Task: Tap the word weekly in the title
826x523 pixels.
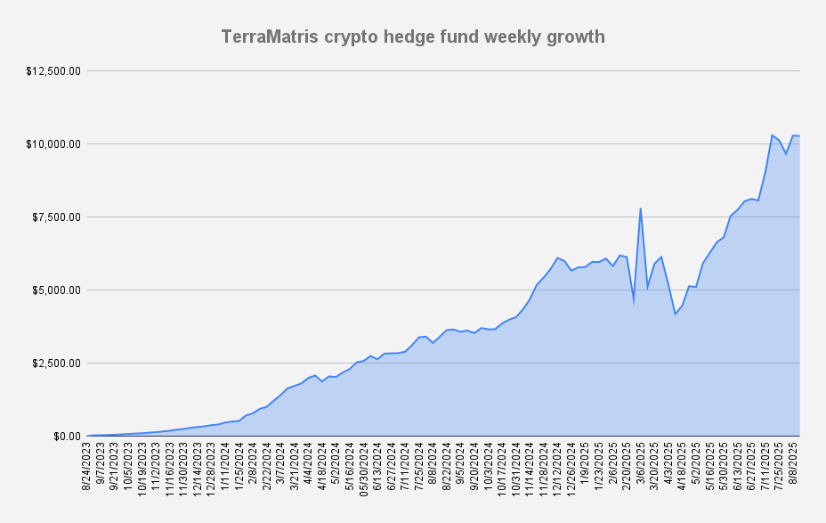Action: [507, 37]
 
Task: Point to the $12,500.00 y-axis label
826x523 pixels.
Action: [55, 71]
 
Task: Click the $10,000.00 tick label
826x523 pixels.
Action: [55, 144]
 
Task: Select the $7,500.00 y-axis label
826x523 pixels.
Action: [58, 217]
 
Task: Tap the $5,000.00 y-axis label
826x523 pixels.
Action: [58, 290]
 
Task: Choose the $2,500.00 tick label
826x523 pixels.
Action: [58, 364]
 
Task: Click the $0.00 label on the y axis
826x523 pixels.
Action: [67, 437]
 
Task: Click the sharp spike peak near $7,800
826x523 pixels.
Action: [641, 208]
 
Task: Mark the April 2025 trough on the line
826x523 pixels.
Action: [676, 315]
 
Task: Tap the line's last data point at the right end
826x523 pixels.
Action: [800, 135]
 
